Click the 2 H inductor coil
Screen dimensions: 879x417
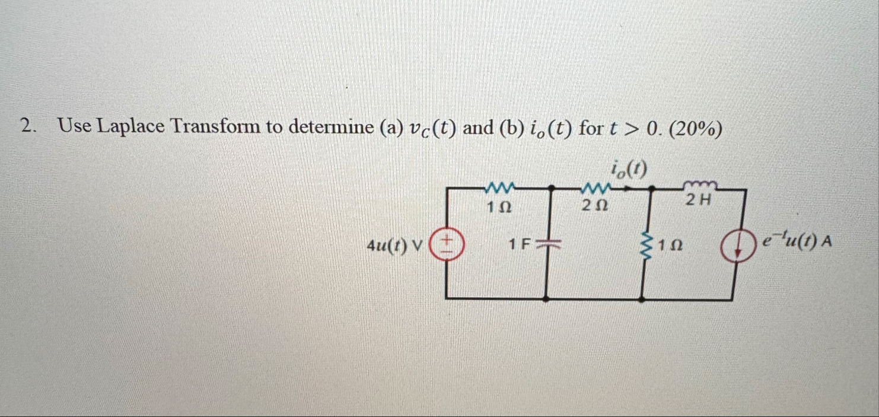(701, 184)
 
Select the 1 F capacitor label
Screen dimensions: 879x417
(519, 243)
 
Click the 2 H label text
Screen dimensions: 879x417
(698, 200)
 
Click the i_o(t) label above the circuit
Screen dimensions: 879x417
(628, 170)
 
